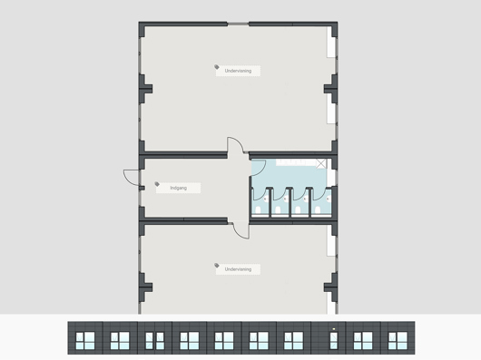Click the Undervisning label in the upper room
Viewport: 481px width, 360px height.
(x=238, y=71)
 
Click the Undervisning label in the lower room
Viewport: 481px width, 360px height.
(x=238, y=269)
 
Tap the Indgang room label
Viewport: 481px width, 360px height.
(x=179, y=188)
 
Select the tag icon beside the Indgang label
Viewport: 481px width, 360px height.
(x=157, y=184)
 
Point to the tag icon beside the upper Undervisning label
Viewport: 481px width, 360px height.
(x=217, y=67)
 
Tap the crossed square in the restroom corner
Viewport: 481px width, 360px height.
(x=321, y=163)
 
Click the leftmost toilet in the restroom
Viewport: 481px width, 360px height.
(x=259, y=209)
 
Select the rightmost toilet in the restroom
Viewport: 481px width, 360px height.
(x=318, y=209)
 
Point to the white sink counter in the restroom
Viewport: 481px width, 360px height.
(x=296, y=162)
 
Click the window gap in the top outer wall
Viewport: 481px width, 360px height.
(x=238, y=24)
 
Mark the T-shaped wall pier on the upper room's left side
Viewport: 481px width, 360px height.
(x=145, y=89)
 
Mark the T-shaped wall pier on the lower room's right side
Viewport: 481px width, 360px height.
(x=330, y=287)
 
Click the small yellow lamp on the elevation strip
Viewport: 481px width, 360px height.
(x=333, y=329)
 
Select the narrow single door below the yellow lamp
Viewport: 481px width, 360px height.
(x=333, y=341)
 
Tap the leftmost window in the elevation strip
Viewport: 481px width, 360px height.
(x=85, y=341)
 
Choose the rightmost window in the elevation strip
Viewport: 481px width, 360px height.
(x=398, y=341)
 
